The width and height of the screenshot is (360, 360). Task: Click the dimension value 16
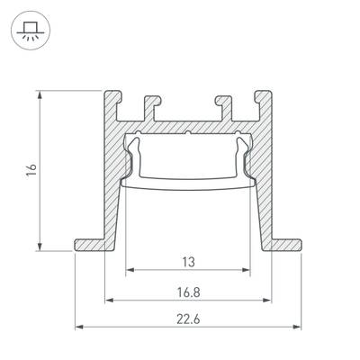pyautogui.click(x=31, y=168)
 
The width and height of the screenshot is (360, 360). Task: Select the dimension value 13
pyautogui.click(x=188, y=262)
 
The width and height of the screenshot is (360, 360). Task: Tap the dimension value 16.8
pyautogui.click(x=188, y=292)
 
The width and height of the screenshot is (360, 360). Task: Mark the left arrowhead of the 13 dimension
pyautogui.click(x=129, y=270)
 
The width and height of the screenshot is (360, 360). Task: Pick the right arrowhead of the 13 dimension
pyautogui.click(x=247, y=270)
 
